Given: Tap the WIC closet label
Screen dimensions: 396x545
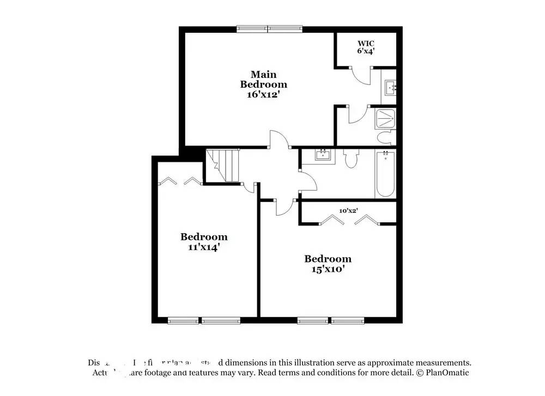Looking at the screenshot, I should tap(366, 43).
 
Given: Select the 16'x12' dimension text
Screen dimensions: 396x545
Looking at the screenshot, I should tap(264, 94).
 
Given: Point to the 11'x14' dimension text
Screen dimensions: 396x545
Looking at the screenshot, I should tap(204, 247).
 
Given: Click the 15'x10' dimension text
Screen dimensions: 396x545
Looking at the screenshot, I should tap(328, 269).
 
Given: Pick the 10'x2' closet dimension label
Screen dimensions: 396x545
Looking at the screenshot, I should tap(348, 210).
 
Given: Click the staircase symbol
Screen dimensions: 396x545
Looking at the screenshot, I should tap(223, 166).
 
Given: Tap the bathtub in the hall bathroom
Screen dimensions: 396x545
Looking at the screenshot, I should tap(385, 174).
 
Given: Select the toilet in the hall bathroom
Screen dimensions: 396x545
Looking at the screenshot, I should tap(350, 159).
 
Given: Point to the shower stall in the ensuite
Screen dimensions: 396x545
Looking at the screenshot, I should tap(385, 119).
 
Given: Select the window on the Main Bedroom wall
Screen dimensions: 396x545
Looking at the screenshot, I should tap(269, 27).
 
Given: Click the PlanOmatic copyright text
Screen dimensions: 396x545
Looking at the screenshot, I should tap(443, 373).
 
